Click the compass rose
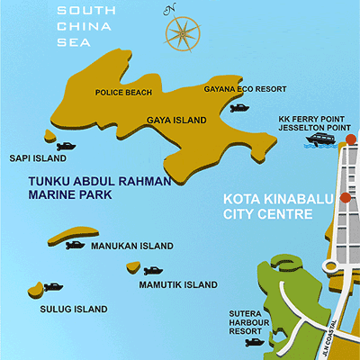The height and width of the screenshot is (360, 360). pyautogui.click(x=184, y=32)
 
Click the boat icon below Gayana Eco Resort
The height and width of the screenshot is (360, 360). pyautogui.click(x=239, y=108)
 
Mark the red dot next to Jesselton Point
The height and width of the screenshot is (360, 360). pyautogui.click(x=351, y=139)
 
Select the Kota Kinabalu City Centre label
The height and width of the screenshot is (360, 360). pyautogui.click(x=267, y=207)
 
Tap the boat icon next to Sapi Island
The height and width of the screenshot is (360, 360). pyautogui.click(x=67, y=145)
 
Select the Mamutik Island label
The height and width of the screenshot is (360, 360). pyautogui.click(x=178, y=285)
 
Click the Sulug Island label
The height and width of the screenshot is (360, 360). pyautogui.click(x=73, y=309)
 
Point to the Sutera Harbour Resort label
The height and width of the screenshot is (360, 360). pyautogui.click(x=248, y=320)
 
